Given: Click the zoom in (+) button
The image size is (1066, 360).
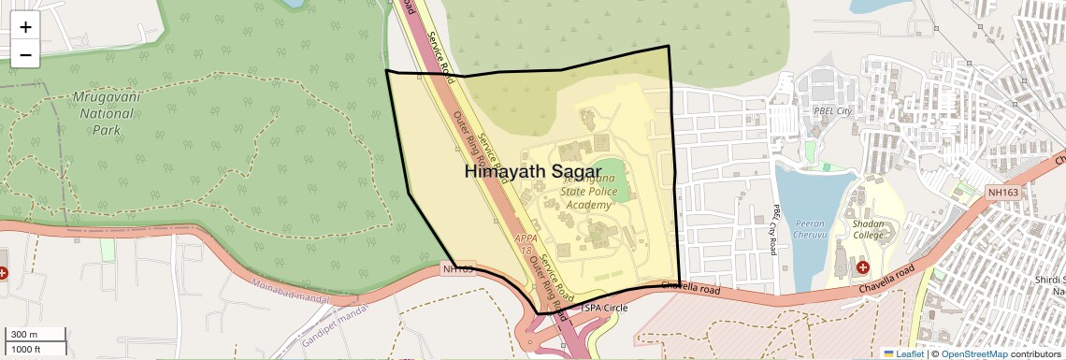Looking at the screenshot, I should coord(25,27).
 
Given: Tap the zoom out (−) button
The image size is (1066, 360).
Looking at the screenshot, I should coord(25,54).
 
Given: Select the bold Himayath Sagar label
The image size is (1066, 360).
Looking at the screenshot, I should coord(533,171).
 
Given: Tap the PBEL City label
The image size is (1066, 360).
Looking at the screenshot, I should coord(832,111).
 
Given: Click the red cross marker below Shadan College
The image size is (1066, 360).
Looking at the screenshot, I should coord(862,267).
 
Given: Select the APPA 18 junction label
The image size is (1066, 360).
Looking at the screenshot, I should coord(524,245).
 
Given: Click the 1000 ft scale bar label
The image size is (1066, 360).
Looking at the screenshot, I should coord(27,349).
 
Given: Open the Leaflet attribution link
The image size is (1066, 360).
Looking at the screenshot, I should coord(903,353).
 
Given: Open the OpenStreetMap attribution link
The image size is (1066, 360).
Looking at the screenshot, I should coord(974,353).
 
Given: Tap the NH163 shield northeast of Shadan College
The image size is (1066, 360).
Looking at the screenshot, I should coord(1002,193).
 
